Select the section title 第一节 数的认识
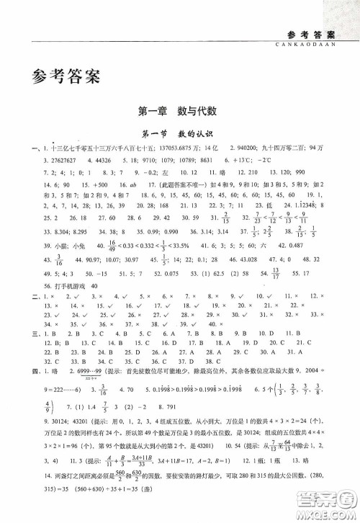(180, 134)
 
